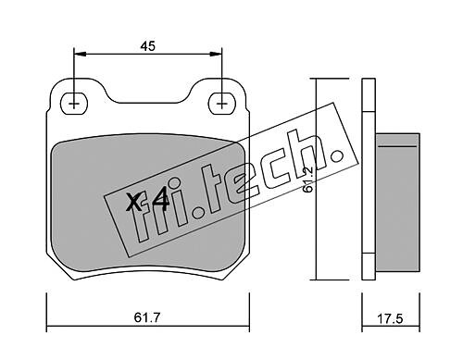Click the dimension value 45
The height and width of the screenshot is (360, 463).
(148, 46)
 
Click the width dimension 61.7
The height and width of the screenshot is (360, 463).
(147, 317)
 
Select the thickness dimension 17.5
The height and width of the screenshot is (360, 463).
(390, 318)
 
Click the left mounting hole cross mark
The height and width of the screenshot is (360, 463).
(74, 104)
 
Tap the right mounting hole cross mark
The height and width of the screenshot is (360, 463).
(221, 104)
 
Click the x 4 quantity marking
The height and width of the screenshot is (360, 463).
(147, 202)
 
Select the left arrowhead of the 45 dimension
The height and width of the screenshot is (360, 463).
(80, 54)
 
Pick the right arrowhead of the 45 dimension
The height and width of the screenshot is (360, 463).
(216, 54)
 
